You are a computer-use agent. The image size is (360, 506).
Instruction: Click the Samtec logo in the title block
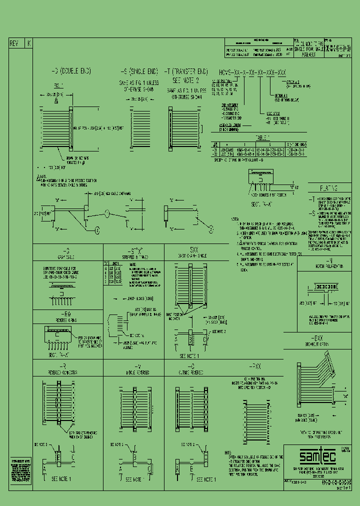tap(312, 455)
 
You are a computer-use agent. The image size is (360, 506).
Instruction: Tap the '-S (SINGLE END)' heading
tap(136, 71)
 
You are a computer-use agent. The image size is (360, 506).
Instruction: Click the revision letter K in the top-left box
tap(28, 43)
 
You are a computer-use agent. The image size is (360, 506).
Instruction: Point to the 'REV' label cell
tap(14, 43)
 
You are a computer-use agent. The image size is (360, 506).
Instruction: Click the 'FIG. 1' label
tap(59, 85)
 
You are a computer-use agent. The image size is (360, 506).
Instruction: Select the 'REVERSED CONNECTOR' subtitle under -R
tap(67, 372)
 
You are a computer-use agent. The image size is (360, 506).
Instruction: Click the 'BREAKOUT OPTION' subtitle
tap(328, 344)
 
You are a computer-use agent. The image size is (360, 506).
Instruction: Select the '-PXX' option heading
tap(255, 366)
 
